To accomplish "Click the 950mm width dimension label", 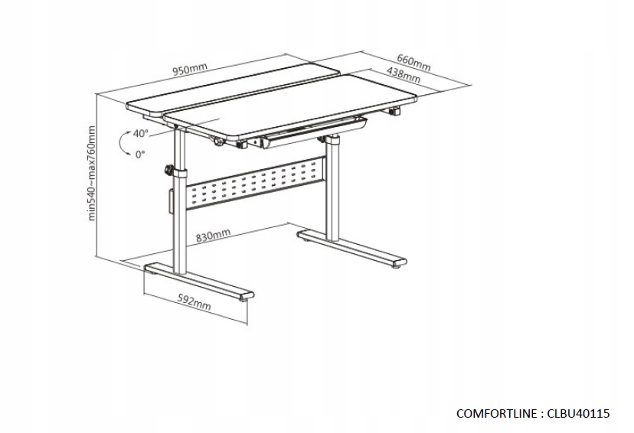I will coord(190,70).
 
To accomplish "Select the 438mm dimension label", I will coord(403,75).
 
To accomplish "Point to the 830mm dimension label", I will coord(214,236).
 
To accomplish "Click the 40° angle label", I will coord(140,133).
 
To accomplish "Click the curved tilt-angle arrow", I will coord(123,144).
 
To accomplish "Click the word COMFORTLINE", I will coord(498,414).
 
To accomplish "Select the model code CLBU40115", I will coord(577,414).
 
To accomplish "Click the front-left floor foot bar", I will coord(198,283).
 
